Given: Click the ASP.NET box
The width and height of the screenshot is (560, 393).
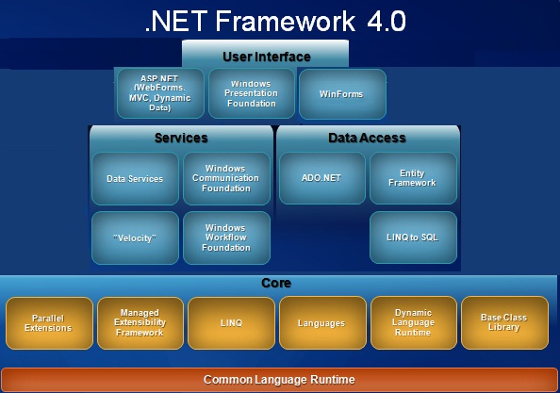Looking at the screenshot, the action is pyautogui.click(x=160, y=93).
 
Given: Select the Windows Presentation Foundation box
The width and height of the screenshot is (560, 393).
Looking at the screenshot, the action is pyautogui.click(x=252, y=93).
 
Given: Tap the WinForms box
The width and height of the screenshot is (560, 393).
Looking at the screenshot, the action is pyautogui.click(x=342, y=94).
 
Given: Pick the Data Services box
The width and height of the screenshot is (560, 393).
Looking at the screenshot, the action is pyautogui.click(x=135, y=178).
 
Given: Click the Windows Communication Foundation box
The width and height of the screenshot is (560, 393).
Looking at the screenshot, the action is pyautogui.click(x=226, y=178).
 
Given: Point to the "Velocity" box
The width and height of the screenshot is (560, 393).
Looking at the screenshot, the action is pyautogui.click(x=135, y=237).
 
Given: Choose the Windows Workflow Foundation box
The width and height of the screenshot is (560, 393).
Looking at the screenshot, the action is pyautogui.click(x=226, y=237).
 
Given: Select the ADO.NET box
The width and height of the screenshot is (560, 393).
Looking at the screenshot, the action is pyautogui.click(x=322, y=178).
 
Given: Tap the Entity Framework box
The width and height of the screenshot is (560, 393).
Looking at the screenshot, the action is pyautogui.click(x=413, y=178).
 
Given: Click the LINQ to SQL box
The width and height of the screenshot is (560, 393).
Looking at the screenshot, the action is pyautogui.click(x=413, y=237).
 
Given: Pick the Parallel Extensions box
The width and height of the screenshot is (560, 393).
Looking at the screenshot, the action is pyautogui.click(x=49, y=323).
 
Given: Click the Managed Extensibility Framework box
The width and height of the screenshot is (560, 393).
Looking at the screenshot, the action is pyautogui.click(x=140, y=323).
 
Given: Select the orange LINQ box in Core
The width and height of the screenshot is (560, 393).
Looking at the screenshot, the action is pyautogui.click(x=231, y=323).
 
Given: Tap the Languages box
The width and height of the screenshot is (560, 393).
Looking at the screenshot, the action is pyautogui.click(x=322, y=322).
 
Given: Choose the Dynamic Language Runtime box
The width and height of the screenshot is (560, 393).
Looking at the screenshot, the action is pyautogui.click(x=414, y=322).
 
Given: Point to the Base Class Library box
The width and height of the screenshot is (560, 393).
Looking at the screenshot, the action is pyautogui.click(x=504, y=322).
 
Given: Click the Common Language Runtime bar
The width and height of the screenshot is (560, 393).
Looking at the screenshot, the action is pyautogui.click(x=279, y=380).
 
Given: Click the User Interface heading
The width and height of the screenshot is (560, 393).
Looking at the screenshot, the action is pyautogui.click(x=267, y=57).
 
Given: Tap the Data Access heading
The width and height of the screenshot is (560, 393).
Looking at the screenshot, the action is pyautogui.click(x=367, y=138).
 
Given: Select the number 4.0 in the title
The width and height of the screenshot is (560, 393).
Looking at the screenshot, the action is pyautogui.click(x=387, y=21).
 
